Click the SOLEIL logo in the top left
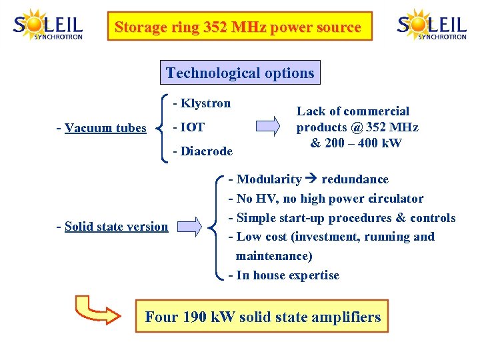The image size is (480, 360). click(47, 26)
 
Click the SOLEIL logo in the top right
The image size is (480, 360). click(431, 26)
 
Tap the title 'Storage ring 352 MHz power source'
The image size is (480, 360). click(239, 27)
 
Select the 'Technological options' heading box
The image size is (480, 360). click(240, 73)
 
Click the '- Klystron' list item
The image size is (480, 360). click(201, 103)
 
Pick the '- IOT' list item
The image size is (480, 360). click(189, 127)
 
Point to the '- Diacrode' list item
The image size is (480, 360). click(203, 151)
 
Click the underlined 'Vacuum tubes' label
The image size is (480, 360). click(105, 128)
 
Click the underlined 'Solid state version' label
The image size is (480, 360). click(116, 227)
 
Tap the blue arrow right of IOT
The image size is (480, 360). click(267, 127)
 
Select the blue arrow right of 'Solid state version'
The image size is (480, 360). click(189, 226)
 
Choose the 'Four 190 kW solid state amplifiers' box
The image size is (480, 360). click(263, 317)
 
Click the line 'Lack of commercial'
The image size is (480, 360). click(353, 111)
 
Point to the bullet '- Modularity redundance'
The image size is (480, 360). click(309, 179)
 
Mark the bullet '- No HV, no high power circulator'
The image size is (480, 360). click(326, 199)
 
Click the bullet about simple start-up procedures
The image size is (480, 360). click(342, 218)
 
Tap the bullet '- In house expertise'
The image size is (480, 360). click(284, 275)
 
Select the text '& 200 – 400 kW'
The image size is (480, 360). click(356, 143)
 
